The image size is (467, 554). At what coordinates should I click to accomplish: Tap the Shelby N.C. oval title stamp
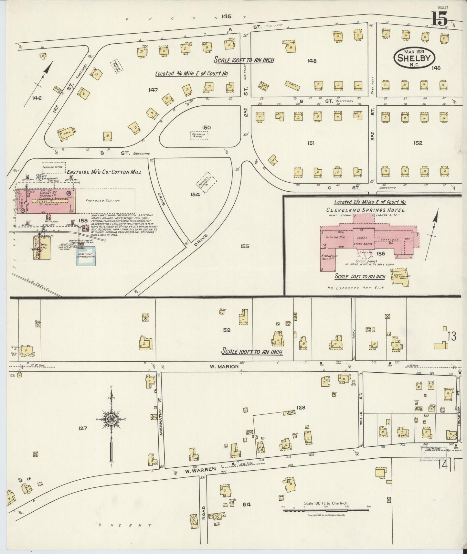point(414,59)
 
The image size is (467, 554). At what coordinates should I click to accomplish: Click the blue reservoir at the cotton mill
point(86,256)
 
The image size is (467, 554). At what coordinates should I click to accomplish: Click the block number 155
point(245,246)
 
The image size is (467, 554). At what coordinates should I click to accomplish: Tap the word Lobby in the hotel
point(363,238)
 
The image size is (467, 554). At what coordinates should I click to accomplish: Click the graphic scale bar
point(326,510)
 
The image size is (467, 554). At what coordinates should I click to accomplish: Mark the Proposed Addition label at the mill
point(103,200)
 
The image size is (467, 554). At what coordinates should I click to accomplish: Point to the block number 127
point(82,428)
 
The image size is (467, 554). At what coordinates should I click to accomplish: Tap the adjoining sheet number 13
point(451,336)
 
